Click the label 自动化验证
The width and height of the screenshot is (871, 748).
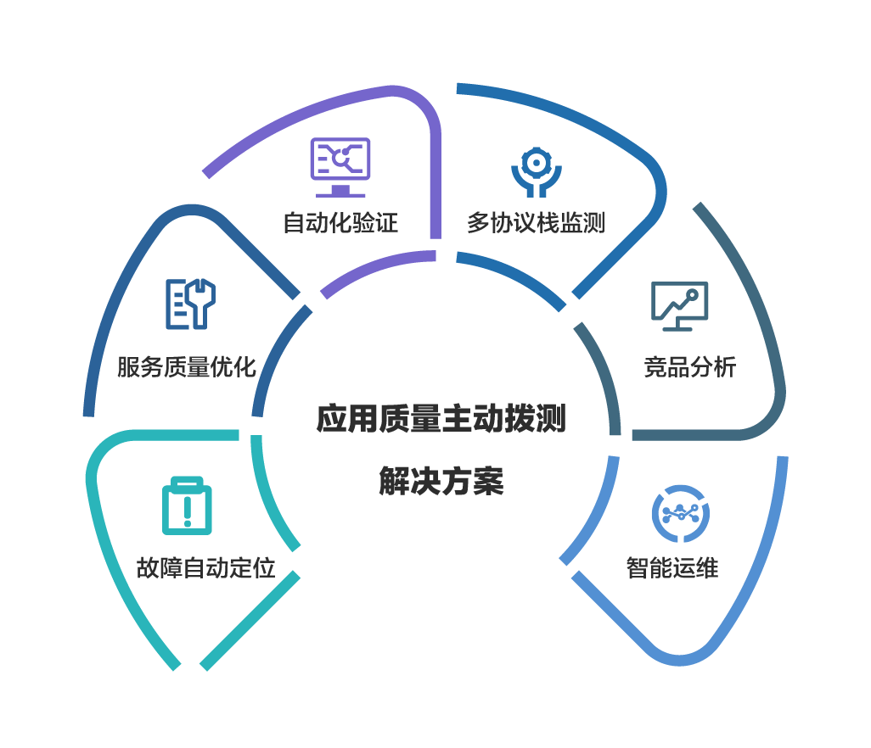tap(340, 222)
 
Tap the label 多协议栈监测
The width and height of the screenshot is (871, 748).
tap(536, 222)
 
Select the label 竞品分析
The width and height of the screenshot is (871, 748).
tap(690, 366)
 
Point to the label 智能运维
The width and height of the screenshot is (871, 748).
tap(672, 567)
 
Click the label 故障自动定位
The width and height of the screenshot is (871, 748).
tap(206, 567)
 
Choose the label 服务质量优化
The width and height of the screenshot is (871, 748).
tap(187, 366)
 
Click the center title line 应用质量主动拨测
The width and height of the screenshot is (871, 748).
tap(441, 418)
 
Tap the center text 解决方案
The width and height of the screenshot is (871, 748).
tap(441, 481)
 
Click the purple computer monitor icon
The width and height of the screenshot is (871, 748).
tap(340, 167)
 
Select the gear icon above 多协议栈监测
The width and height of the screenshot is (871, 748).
tap(536, 172)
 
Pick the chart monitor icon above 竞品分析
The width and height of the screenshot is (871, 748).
tap(679, 306)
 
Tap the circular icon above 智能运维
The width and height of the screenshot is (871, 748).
tap(681, 514)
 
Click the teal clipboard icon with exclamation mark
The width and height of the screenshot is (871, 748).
tap(187, 505)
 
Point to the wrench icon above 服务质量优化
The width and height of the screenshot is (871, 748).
tap(190, 304)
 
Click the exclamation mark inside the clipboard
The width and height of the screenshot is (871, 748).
tap(188, 511)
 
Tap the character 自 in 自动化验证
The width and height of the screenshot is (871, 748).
tap(295, 222)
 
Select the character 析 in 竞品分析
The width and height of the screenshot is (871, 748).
tap(726, 366)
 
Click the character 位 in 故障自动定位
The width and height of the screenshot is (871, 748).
tap(264, 567)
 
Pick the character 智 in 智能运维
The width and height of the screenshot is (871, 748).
tap(638, 567)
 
